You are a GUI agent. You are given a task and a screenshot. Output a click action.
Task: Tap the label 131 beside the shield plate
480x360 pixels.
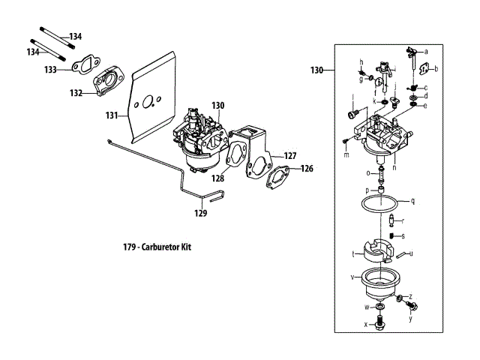(112, 115)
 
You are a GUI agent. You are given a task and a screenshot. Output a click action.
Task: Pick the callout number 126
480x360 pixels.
(307, 169)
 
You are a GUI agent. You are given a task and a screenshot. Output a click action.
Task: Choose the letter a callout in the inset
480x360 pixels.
(426, 52)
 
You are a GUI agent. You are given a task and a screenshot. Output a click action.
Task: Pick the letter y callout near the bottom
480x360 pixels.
(410, 319)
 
